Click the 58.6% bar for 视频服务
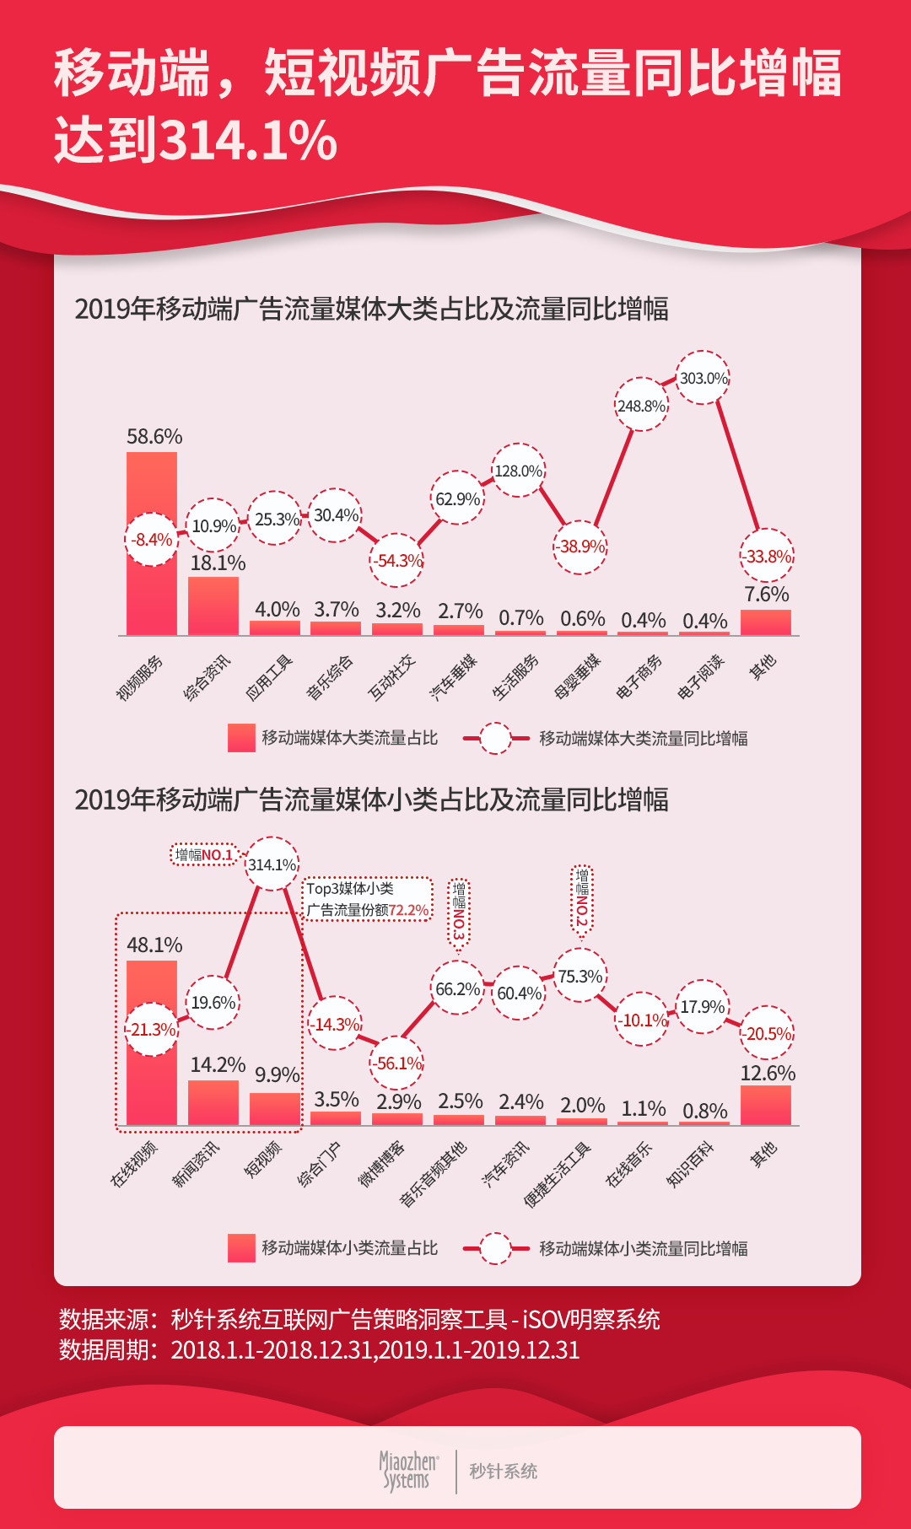coord(152,590)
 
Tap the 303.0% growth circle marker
coord(703,378)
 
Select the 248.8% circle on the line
coord(641,405)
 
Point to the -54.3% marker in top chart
coord(396,560)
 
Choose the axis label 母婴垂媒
coord(578,676)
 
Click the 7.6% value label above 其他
coord(766,594)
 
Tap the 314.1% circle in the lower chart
coord(272,864)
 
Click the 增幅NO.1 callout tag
coord(203,854)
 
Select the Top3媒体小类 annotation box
coord(368,899)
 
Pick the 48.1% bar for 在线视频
coord(152,1088)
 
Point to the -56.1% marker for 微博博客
coord(396,1063)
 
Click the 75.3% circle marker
coord(580,976)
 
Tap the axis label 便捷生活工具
coord(558,1175)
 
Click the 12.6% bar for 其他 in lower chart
coord(765,1105)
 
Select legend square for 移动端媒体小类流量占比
coord(241,1247)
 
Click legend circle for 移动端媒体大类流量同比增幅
coord(496,738)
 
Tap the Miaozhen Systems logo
coord(408,1472)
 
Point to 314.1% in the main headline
coord(249,140)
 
